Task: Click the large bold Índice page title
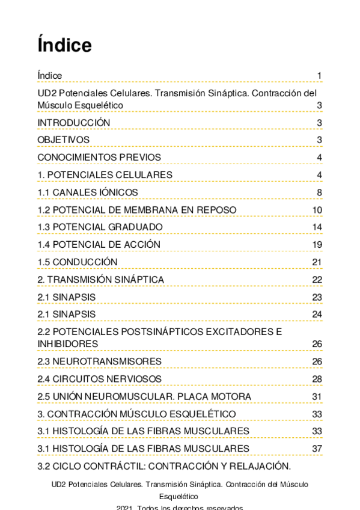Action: click(64, 46)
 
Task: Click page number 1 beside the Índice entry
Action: click(320, 76)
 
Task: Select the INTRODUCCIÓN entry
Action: click(74, 123)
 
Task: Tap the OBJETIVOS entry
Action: click(64, 140)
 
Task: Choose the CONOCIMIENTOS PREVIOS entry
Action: click(99, 158)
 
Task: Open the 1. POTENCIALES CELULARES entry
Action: click(105, 175)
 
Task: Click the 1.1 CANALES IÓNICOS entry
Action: click(88, 192)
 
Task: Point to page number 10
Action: click(317, 210)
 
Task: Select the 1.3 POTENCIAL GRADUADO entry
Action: click(100, 227)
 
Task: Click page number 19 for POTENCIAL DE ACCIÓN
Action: click(317, 245)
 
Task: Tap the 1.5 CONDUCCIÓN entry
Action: click(78, 262)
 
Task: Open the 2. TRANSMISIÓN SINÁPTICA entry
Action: click(101, 280)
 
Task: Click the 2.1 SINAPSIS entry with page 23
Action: click(67, 297)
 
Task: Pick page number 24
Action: click(317, 315)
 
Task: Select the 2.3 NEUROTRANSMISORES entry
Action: click(100, 361)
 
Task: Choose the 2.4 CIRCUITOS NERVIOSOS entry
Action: click(100, 379)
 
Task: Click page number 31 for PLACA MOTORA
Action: click(317, 396)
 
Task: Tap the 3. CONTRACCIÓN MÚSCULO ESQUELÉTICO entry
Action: click(136, 414)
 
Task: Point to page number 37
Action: click(317, 449)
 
